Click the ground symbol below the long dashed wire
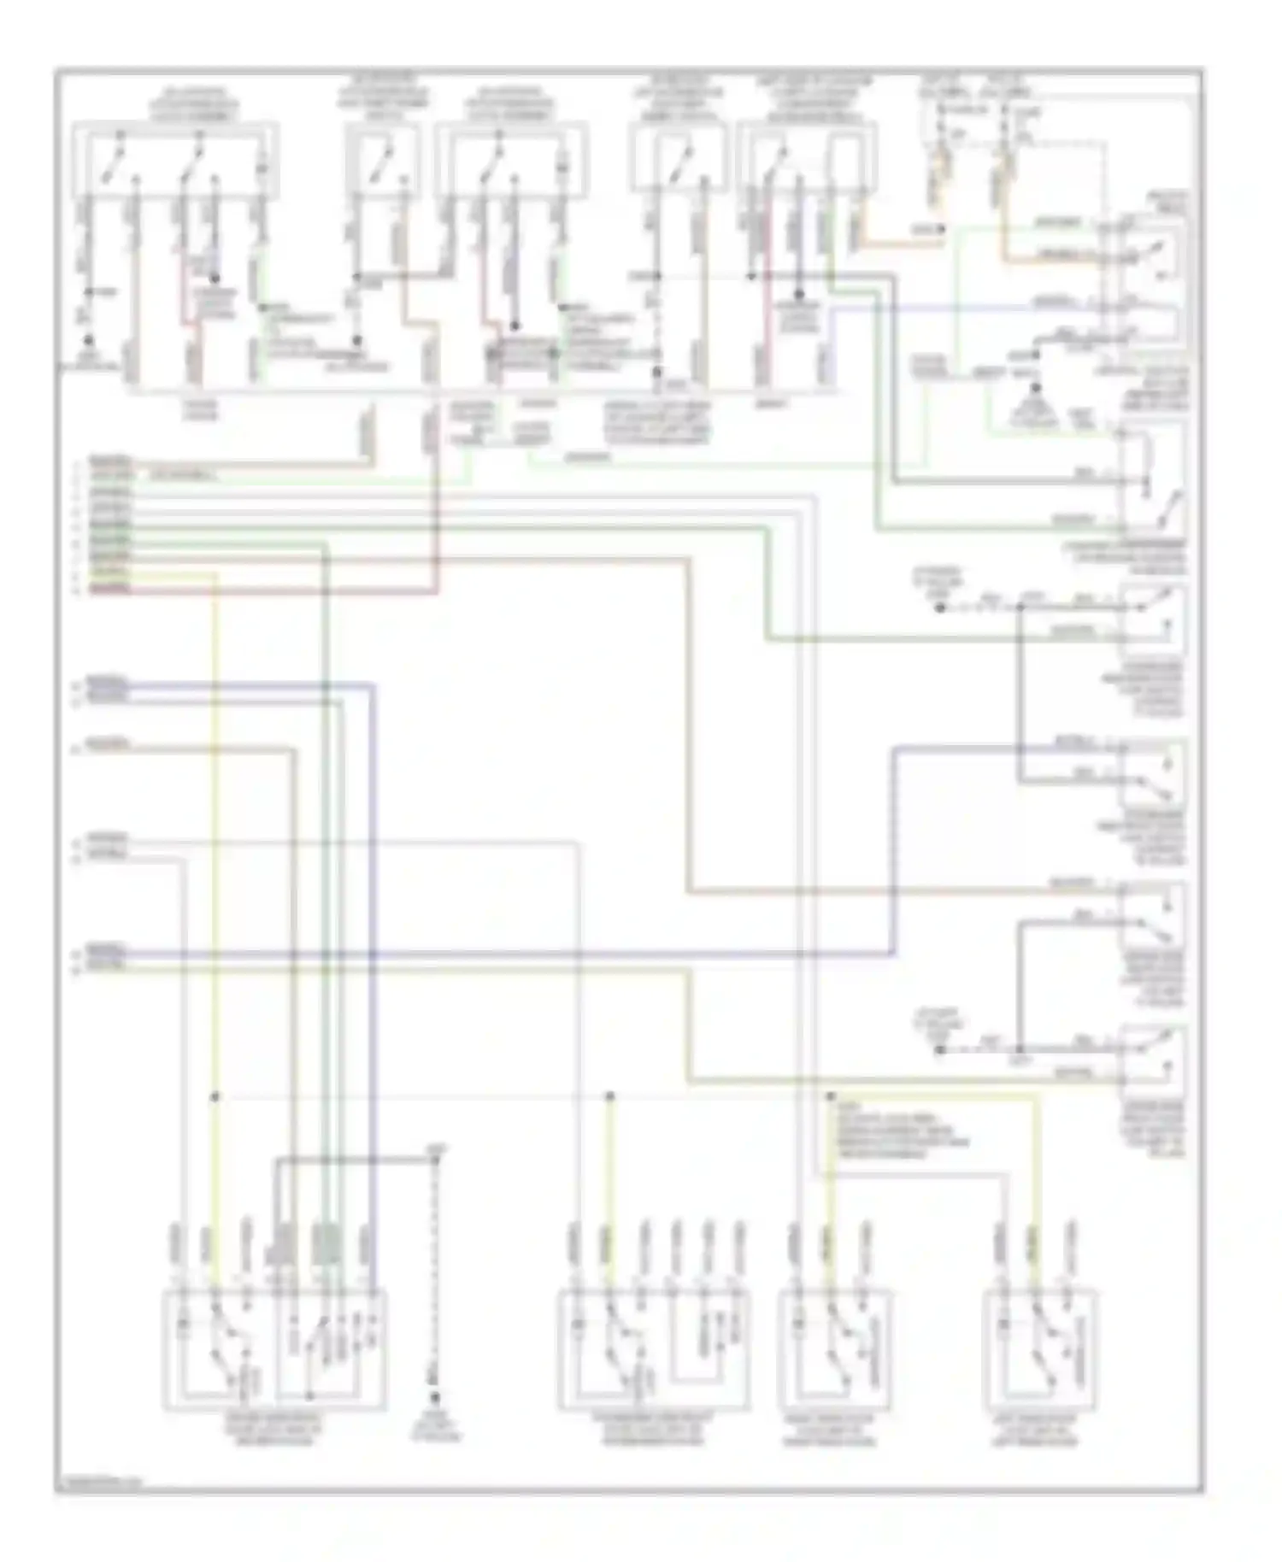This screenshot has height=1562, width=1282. [435, 1399]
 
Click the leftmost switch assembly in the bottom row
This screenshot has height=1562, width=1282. [274, 1349]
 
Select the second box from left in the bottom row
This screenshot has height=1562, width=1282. [655, 1349]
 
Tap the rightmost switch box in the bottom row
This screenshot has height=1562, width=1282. [1040, 1349]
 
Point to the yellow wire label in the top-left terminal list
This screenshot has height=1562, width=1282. [110, 573]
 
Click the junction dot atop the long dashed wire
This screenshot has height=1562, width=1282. [435, 1160]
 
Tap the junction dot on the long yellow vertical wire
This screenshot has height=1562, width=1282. [215, 1095]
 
